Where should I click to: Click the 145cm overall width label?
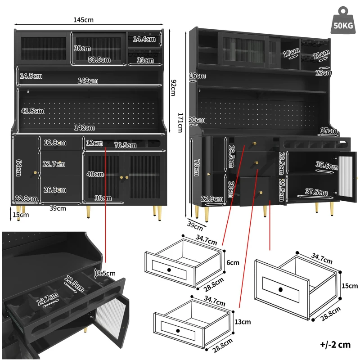[x=83, y=20]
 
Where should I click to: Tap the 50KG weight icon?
[x=342, y=21]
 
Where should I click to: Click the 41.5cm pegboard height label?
[x=32, y=111]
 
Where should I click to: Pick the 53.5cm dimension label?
[x=99, y=59]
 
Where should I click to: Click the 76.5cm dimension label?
[x=126, y=145]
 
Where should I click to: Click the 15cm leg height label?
[x=21, y=215]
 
